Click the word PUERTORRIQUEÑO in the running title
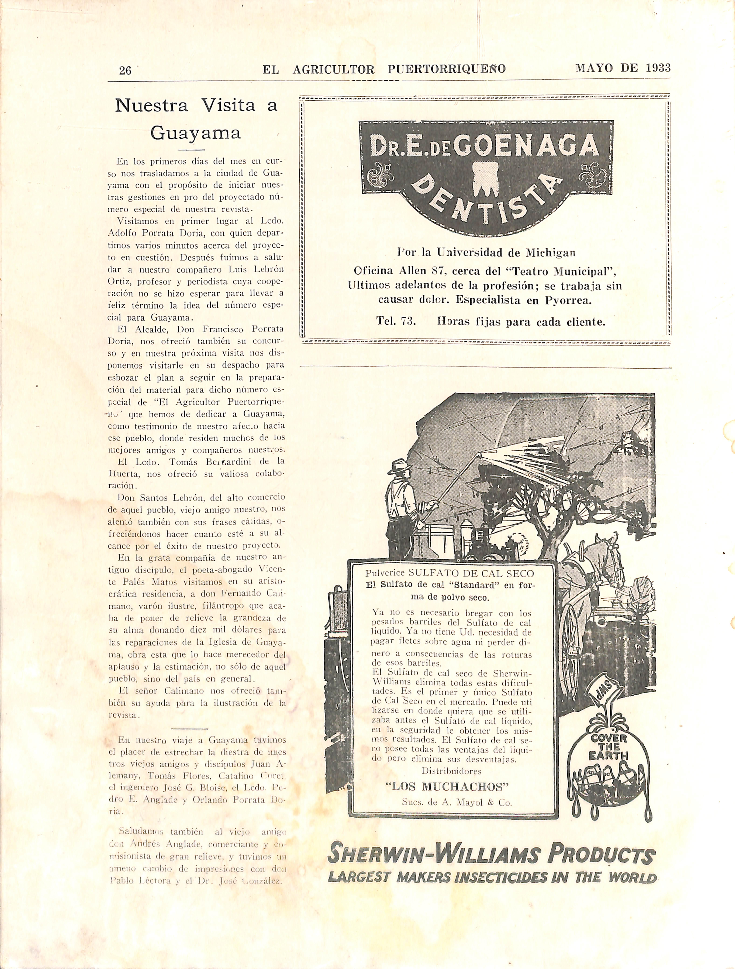[x=447, y=69]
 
